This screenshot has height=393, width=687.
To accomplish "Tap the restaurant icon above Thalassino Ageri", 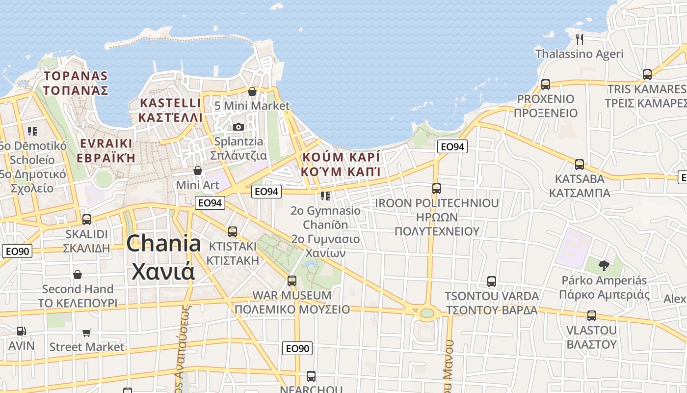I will tap(580, 39).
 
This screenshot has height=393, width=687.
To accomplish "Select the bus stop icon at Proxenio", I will tap(546, 84).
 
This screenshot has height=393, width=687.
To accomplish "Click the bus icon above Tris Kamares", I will tap(647, 75).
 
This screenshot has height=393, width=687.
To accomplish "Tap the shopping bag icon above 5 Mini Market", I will tap(252, 91).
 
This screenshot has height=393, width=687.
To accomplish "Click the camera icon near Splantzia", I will tap(238, 127).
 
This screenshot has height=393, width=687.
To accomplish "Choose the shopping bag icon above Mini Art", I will tap(198, 170).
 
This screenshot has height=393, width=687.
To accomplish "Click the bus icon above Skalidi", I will tap(87, 219).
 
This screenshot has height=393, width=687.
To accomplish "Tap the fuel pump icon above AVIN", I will tap(21, 332).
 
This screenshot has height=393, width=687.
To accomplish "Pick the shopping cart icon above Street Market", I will tap(87, 333).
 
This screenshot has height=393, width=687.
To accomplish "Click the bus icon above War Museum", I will tap(292, 281).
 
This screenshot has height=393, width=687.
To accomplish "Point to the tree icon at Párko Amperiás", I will tap(604, 266).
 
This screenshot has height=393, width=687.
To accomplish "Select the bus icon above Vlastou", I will tap(592, 315).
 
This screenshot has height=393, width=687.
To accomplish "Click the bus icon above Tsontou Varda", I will tap(492, 281).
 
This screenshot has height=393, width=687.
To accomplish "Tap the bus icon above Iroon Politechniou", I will tap(436, 188).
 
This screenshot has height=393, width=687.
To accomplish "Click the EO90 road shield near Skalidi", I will tap(18, 252).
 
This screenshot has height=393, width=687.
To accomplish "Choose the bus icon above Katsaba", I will tap(580, 164).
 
